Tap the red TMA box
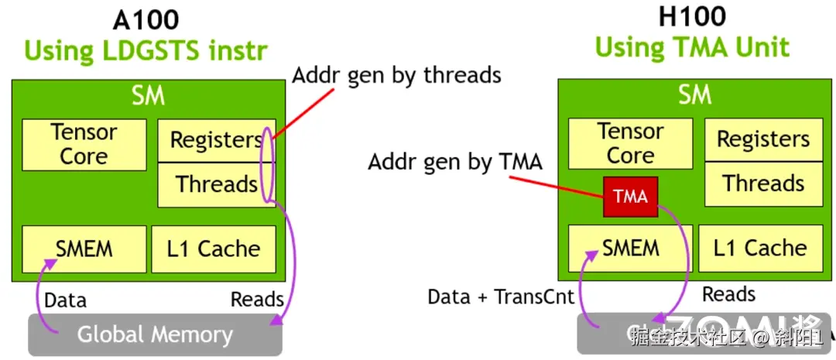pos(630,197)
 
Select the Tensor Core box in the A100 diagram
pos(84,144)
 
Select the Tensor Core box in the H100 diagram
pos(630,143)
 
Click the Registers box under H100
pos(763,139)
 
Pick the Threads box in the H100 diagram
pos(763,183)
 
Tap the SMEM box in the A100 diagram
pos(84,249)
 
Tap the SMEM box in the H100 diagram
pos(630,248)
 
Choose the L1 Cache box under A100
pos(214,249)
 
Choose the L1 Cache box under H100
pos(760,248)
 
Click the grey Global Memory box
pos(155,335)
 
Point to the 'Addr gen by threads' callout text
pos(396,75)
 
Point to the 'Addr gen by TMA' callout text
pos(455,162)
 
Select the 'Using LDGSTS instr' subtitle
pos(146,51)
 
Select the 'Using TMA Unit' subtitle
pos(692,48)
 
